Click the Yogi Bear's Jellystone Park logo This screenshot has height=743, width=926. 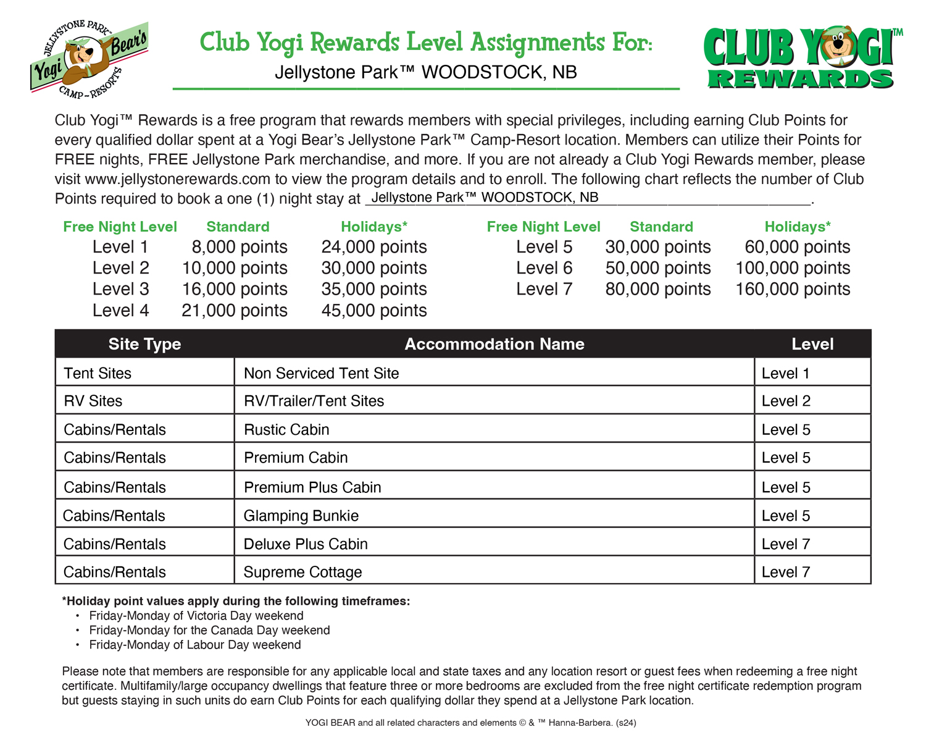(x=90, y=59)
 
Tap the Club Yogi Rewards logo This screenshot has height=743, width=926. (x=801, y=59)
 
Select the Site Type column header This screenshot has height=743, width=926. (x=144, y=344)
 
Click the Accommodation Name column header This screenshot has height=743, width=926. (x=494, y=344)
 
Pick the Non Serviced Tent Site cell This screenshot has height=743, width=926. (x=321, y=373)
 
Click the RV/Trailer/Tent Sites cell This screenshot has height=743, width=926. (x=314, y=401)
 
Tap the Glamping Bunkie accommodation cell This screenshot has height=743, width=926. (x=301, y=516)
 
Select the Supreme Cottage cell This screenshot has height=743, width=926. (x=302, y=572)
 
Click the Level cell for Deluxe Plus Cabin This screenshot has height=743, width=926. (x=785, y=544)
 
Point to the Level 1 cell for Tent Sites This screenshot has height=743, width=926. (x=785, y=373)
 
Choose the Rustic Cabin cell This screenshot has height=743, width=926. (x=286, y=429)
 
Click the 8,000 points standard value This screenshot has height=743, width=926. (x=239, y=247)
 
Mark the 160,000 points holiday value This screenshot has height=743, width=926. (x=793, y=289)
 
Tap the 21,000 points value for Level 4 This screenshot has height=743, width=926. (x=234, y=310)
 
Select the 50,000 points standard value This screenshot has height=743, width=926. (x=657, y=268)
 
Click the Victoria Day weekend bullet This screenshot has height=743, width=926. (x=196, y=616)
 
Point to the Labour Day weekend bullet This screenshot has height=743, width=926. (x=194, y=645)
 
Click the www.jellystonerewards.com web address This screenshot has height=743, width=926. (x=178, y=179)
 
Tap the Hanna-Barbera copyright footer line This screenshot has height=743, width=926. (x=470, y=722)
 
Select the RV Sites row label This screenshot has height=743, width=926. (x=93, y=401)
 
